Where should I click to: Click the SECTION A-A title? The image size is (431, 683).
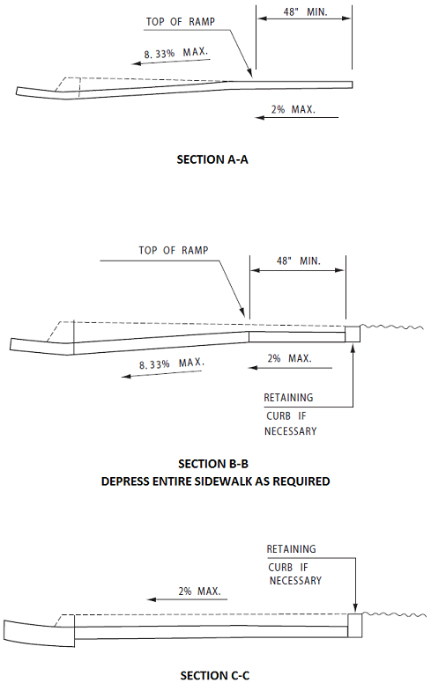212,159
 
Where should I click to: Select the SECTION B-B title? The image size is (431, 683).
213,464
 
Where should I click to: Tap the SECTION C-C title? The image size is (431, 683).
215,676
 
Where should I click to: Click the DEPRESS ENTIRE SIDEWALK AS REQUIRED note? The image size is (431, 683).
215,481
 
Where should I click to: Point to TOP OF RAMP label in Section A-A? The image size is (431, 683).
180,22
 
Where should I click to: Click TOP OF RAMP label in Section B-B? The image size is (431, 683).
174,251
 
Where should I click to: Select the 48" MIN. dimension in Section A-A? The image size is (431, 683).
305,11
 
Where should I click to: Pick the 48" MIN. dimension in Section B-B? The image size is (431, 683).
299,261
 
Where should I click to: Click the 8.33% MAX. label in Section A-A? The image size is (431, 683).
175,53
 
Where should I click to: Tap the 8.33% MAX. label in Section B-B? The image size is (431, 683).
172,364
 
